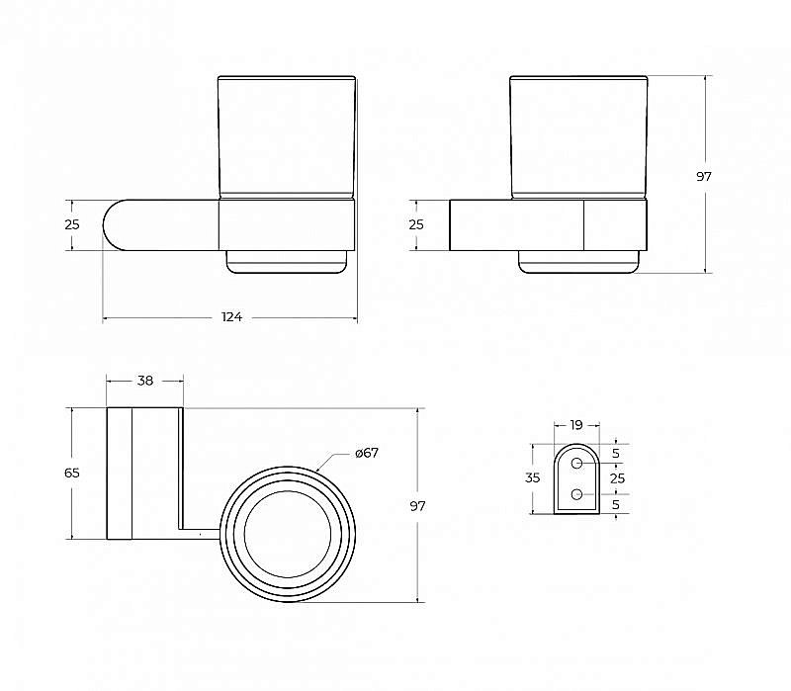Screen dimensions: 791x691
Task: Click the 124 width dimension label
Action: coord(231,316)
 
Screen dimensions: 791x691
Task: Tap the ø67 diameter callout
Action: coord(367,453)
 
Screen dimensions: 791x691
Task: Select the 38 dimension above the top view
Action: coord(145,381)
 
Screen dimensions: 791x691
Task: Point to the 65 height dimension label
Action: coord(72,474)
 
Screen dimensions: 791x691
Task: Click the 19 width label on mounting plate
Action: coord(576,425)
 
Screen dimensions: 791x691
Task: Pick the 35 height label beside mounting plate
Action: coord(533,477)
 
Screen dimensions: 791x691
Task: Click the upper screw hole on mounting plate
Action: coord(577,463)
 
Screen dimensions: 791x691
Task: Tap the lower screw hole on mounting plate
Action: coord(577,494)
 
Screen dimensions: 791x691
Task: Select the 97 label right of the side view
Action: coord(704,177)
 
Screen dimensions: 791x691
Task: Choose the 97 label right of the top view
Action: coord(417,506)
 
